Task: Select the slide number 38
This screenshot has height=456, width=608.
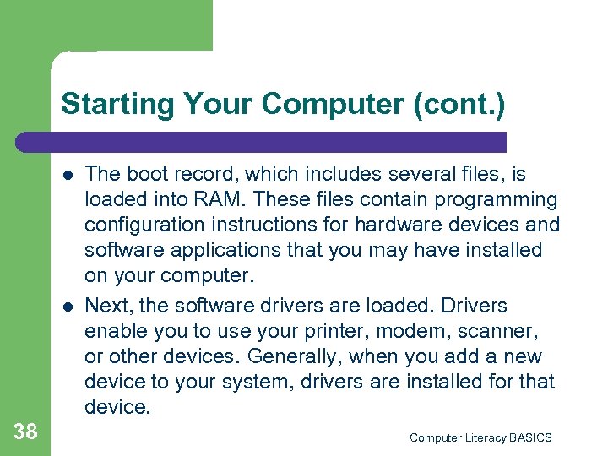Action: point(25,432)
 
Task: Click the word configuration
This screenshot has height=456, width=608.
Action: point(148,225)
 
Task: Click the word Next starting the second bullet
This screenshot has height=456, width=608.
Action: point(106,304)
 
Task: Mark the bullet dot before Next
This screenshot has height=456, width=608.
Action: point(67,305)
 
